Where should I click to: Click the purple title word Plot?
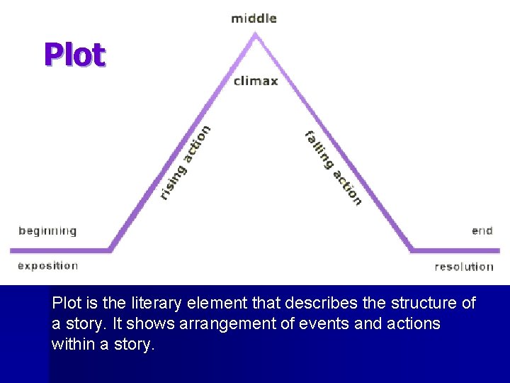74,55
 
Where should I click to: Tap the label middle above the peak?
254,18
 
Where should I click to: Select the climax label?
256,81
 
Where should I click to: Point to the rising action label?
184,162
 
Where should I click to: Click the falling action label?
334,168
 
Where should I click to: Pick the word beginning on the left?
47,231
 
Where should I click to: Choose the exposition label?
47,266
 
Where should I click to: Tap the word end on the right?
482,231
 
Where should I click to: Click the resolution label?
464,267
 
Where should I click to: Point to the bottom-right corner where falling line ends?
412,249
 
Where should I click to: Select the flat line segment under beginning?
60,250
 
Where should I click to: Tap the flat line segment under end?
457,250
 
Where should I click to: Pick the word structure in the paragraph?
420,304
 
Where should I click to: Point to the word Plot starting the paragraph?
67,304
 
